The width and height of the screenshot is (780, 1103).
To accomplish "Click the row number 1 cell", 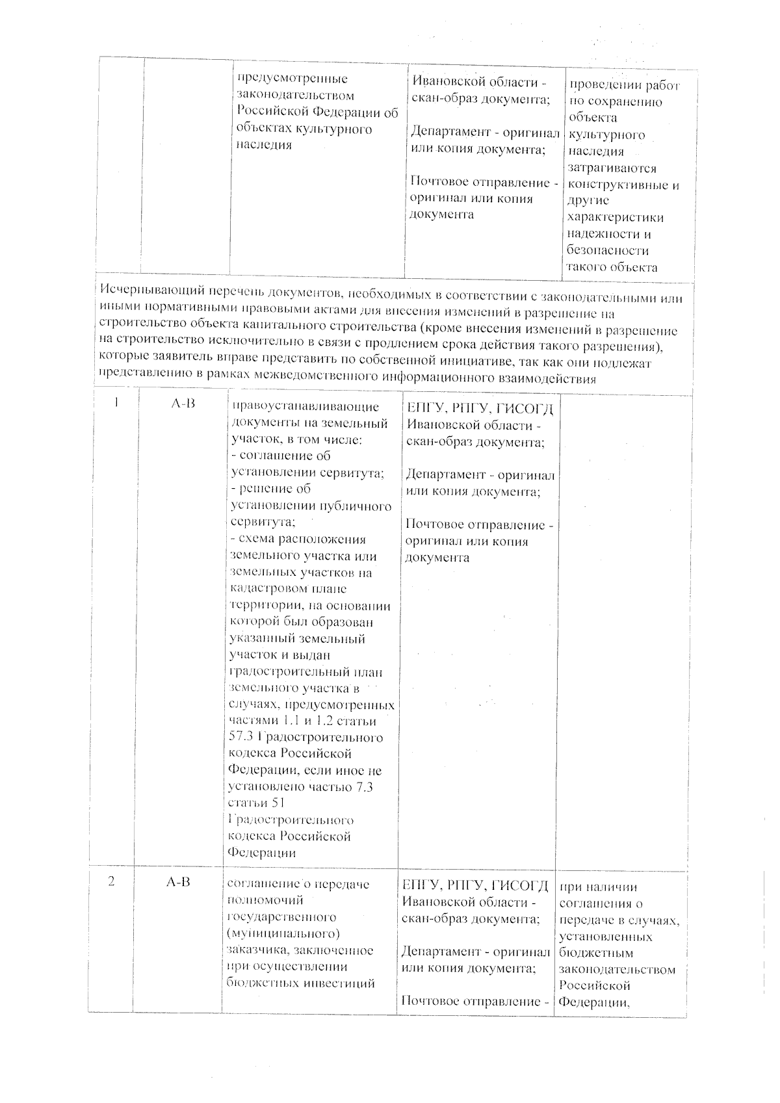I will click(x=116, y=402).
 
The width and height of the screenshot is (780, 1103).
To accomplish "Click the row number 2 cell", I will click(x=112, y=882).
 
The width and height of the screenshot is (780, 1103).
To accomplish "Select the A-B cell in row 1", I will click(x=183, y=404).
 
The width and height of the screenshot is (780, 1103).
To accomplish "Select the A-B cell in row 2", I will click(x=178, y=882).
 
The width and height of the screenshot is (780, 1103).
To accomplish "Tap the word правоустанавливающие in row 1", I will click(x=305, y=407).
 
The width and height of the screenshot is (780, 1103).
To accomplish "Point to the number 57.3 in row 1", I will click(x=242, y=737).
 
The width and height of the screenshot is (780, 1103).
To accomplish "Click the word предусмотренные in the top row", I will click(x=292, y=79).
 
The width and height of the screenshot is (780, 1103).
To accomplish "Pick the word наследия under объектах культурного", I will click(x=263, y=145).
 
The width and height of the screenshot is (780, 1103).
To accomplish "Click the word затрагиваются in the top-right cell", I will click(x=612, y=168).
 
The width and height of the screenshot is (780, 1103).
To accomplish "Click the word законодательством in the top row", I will click(x=296, y=96).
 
